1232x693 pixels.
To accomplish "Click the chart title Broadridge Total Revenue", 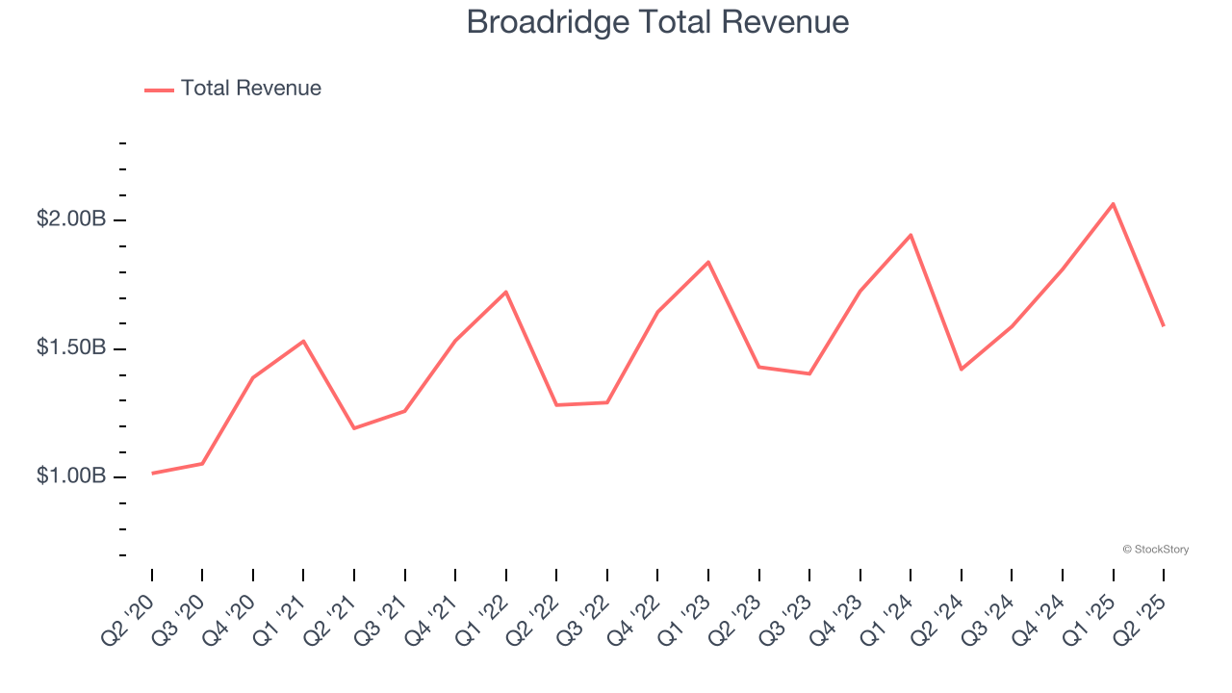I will click(657, 22).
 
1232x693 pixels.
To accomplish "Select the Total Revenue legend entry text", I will click(250, 89).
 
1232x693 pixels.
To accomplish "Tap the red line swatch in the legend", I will click(159, 90).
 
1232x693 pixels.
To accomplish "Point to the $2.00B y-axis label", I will click(71, 219).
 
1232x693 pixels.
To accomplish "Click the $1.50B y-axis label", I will click(71, 347).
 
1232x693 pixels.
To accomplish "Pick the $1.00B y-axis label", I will click(71, 476).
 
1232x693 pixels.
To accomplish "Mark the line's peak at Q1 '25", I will click(1114, 203).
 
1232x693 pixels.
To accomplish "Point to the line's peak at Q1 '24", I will click(911, 235).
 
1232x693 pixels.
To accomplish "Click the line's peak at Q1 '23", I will click(708, 262).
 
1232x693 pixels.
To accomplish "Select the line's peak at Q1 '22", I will click(506, 292).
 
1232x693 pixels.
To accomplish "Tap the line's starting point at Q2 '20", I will click(152, 474).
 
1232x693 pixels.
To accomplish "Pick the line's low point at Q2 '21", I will click(354, 428).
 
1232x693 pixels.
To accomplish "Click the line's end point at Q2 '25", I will click(1164, 325).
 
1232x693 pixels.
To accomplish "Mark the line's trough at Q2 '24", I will click(962, 370).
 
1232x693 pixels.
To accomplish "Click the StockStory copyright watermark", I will click(1155, 550).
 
